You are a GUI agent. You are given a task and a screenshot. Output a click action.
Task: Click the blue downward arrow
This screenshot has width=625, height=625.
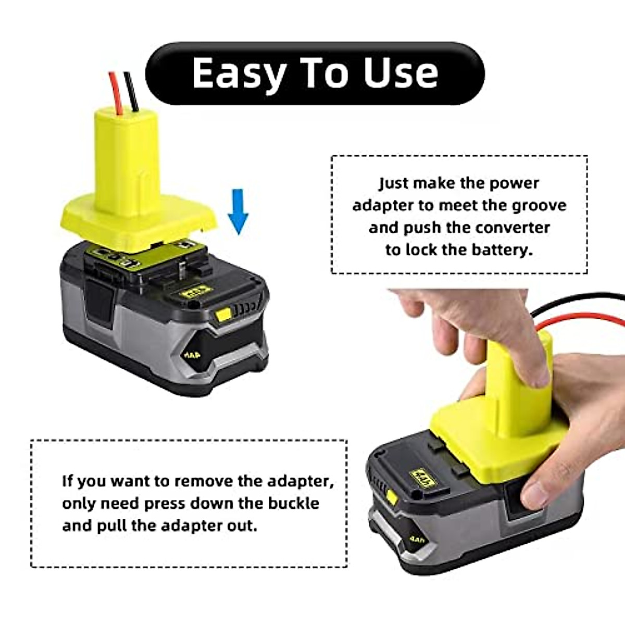(x=238, y=211)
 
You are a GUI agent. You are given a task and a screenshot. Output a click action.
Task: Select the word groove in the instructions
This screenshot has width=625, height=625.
(x=539, y=205)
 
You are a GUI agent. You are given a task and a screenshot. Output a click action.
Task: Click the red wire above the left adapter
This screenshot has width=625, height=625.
(x=114, y=91)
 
